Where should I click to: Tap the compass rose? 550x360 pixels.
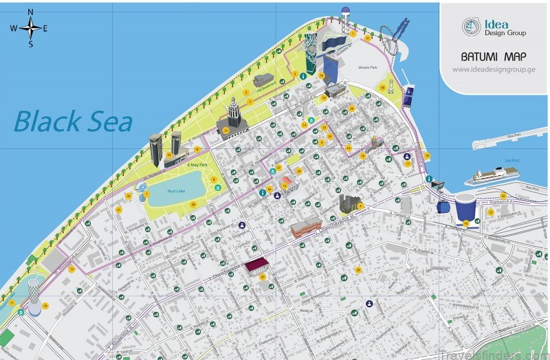(30, 28)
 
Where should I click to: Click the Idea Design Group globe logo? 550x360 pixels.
(471, 26)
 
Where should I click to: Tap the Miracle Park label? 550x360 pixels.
(368, 68)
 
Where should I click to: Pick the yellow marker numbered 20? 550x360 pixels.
(263, 276)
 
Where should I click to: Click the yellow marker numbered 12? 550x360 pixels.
(71, 269)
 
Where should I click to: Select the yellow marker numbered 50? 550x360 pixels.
(383, 87)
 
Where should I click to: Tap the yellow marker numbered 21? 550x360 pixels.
(118, 209)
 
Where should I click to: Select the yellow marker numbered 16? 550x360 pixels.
(45, 305)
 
